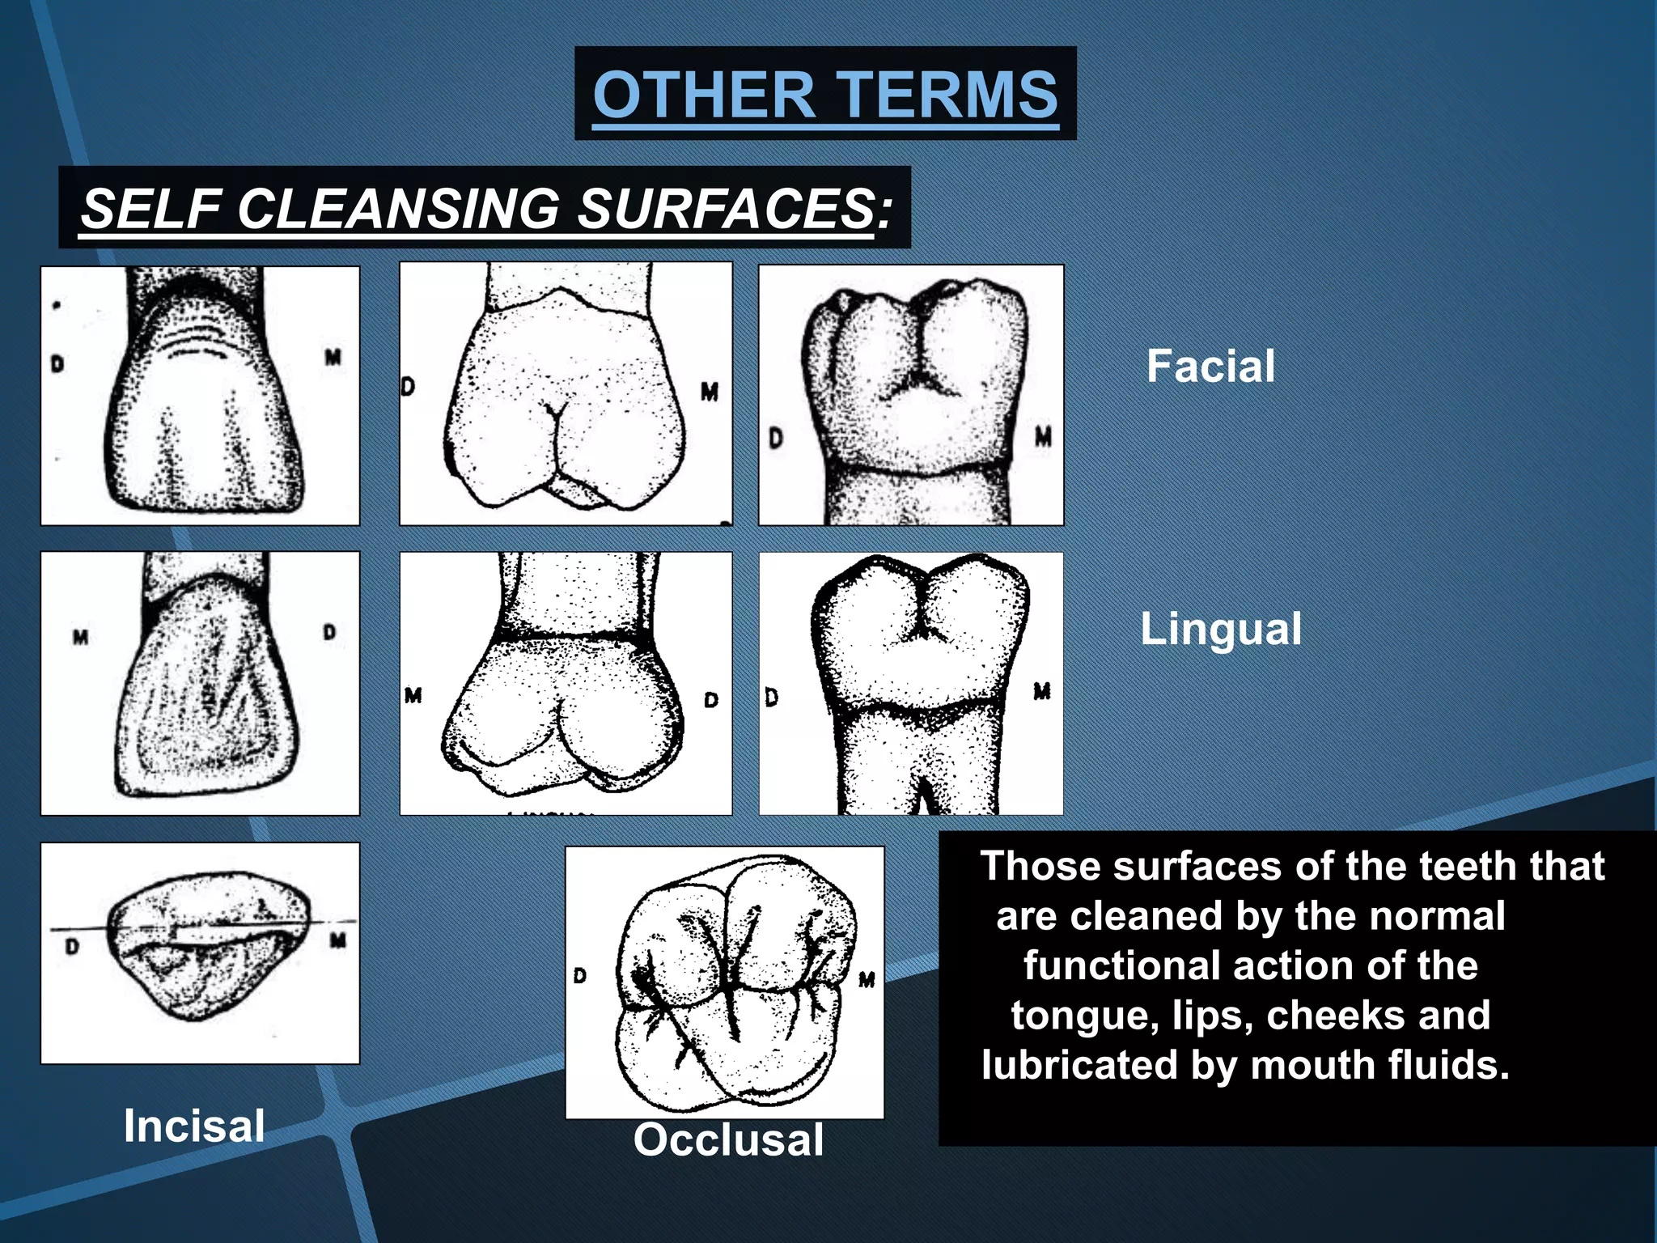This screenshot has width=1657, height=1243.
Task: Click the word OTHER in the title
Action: coord(703,95)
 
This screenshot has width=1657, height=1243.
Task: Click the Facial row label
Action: coord(1210,366)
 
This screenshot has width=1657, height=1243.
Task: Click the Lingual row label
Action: coord(1221,629)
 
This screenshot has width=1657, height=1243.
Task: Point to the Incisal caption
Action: coord(194,1126)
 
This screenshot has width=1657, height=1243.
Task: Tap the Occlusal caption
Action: coord(728,1139)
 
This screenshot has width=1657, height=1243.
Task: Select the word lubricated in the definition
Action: coord(1079,1065)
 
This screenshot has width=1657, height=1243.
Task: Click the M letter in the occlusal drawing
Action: coord(867,980)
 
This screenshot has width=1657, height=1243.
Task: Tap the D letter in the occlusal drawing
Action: coord(579,976)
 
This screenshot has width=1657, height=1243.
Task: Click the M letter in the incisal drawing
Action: coord(338,940)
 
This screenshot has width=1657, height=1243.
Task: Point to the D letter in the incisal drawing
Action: coord(72,946)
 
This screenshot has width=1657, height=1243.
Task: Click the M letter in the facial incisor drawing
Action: coord(333,357)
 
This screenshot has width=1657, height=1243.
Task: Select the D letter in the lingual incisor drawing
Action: coord(329,632)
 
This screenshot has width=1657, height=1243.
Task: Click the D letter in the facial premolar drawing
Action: coord(408,387)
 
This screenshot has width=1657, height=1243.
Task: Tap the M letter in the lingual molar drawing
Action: coord(1042,691)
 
